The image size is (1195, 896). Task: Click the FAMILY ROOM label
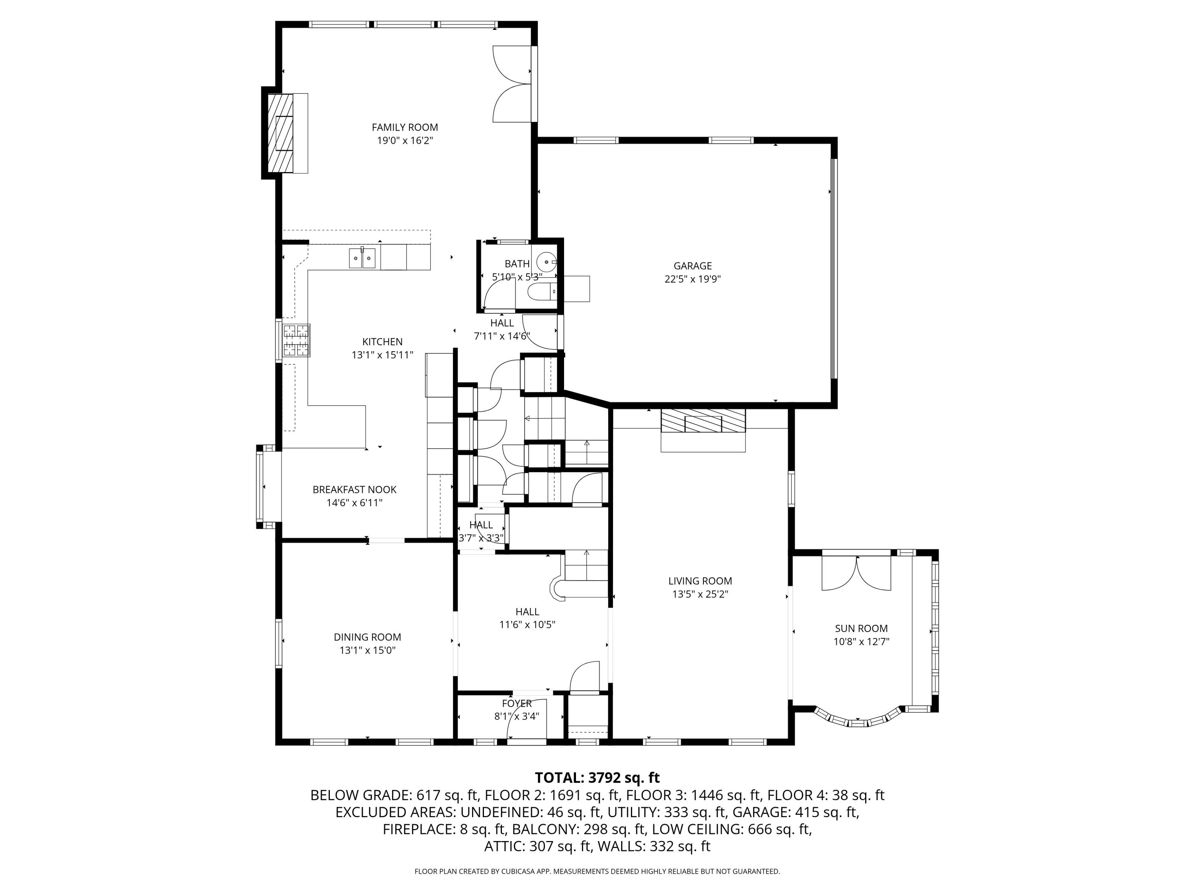click(405, 127)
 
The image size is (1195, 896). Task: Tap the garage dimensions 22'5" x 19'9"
click(693, 279)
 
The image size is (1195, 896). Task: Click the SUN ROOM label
click(861, 628)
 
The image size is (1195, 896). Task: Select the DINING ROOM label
click(367, 637)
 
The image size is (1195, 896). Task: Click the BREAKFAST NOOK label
click(355, 489)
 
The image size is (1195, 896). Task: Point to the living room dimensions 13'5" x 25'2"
click(700, 594)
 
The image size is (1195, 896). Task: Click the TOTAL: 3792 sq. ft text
click(597, 778)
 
